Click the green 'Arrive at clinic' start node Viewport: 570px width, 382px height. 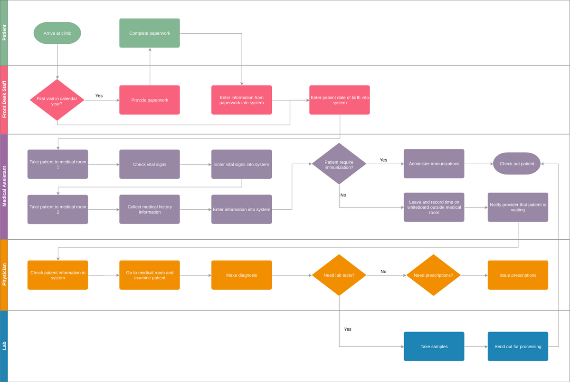point(57,34)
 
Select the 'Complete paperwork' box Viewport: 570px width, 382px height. point(150,33)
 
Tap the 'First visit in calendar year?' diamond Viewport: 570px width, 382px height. point(57,100)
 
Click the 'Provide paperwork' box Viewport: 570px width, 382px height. point(150,100)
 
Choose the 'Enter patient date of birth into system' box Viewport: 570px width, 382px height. point(339,100)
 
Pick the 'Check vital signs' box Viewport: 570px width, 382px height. point(150,164)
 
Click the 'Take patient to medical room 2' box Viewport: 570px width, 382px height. point(57,209)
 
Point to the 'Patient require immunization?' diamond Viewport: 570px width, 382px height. point(339,164)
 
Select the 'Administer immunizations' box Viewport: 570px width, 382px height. point(434,164)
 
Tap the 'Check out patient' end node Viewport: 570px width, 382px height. point(517,164)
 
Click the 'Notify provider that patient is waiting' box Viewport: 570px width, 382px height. point(518,207)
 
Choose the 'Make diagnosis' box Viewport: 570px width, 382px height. point(241,275)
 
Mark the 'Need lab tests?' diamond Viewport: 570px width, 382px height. point(339,275)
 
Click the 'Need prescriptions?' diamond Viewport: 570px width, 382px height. point(433,275)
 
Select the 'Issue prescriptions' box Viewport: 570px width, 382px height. point(518,275)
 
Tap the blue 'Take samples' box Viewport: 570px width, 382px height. point(434,346)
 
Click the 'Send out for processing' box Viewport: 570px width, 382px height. point(518,346)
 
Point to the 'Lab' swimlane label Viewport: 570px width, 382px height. point(4,346)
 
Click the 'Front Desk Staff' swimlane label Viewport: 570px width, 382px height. point(4,100)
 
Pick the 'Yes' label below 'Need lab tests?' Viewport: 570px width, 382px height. point(348,329)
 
